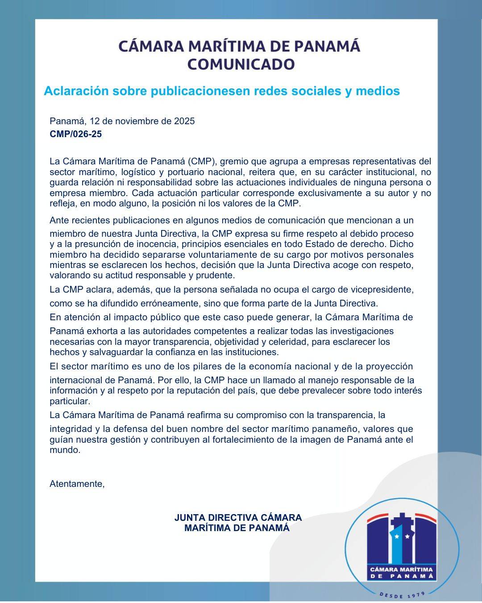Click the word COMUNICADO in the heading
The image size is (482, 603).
[241, 64]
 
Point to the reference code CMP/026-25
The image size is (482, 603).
[75, 134]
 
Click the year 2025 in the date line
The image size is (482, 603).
[184, 121]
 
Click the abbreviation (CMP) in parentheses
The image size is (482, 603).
[202, 161]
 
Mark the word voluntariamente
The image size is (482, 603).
[205, 255]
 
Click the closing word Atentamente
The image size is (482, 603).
[77, 484]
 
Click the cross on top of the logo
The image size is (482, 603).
[402, 520]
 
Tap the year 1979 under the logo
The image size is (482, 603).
[416, 594]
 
